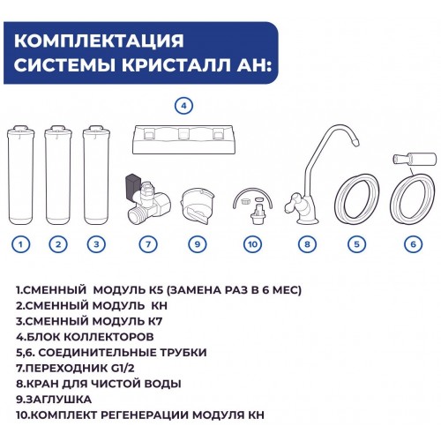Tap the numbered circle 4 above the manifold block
[x=184, y=106]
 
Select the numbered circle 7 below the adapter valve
[x=148, y=244]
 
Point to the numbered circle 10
[x=253, y=244]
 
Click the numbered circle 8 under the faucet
[x=307, y=244]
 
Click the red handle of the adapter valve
[x=130, y=183]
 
